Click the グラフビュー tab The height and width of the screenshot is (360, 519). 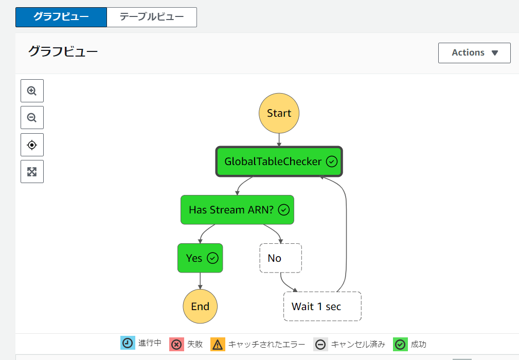(61, 17)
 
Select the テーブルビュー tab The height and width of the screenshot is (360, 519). (152, 17)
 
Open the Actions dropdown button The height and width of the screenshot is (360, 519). (474, 52)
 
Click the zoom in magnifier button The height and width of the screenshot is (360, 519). (32, 91)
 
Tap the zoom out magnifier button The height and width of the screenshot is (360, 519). (32, 117)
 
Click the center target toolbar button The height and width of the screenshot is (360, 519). (32, 145)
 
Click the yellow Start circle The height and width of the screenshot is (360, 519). (279, 113)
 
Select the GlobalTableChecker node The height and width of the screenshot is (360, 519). (279, 161)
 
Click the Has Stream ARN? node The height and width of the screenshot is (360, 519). (237, 210)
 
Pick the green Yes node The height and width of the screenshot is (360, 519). (200, 258)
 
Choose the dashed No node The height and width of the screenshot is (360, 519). (281, 258)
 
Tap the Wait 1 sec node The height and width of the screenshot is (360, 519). (323, 307)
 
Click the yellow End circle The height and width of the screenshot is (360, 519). (200, 307)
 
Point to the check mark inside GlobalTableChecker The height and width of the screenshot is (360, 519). (332, 161)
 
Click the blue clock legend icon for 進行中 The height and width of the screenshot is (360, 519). (128, 343)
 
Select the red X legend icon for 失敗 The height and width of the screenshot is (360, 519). (176, 344)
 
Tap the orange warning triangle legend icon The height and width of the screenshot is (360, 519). (218, 344)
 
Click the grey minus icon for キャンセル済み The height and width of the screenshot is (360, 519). (320, 344)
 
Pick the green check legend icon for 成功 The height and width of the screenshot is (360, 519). (400, 344)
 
